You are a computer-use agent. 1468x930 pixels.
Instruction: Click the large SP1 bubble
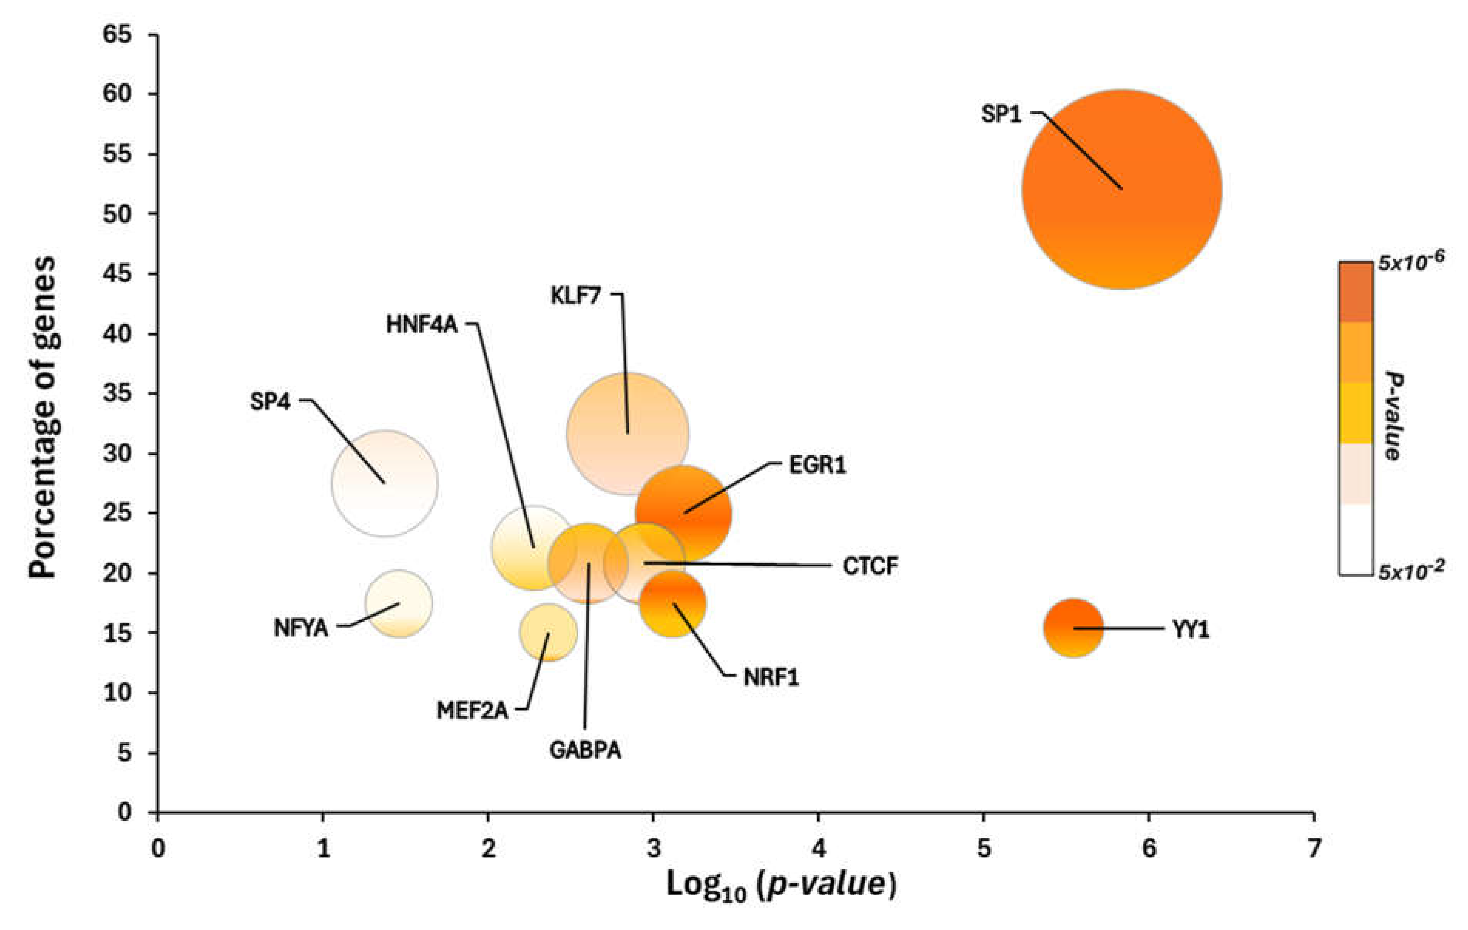pyautogui.click(x=1122, y=189)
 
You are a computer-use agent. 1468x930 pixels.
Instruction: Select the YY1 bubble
pyautogui.click(x=1073, y=628)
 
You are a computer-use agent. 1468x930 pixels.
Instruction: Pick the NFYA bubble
pyautogui.click(x=399, y=604)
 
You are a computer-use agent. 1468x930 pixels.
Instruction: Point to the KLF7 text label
pyautogui.click(x=575, y=296)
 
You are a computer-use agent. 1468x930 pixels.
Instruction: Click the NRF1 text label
pyautogui.click(x=771, y=677)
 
